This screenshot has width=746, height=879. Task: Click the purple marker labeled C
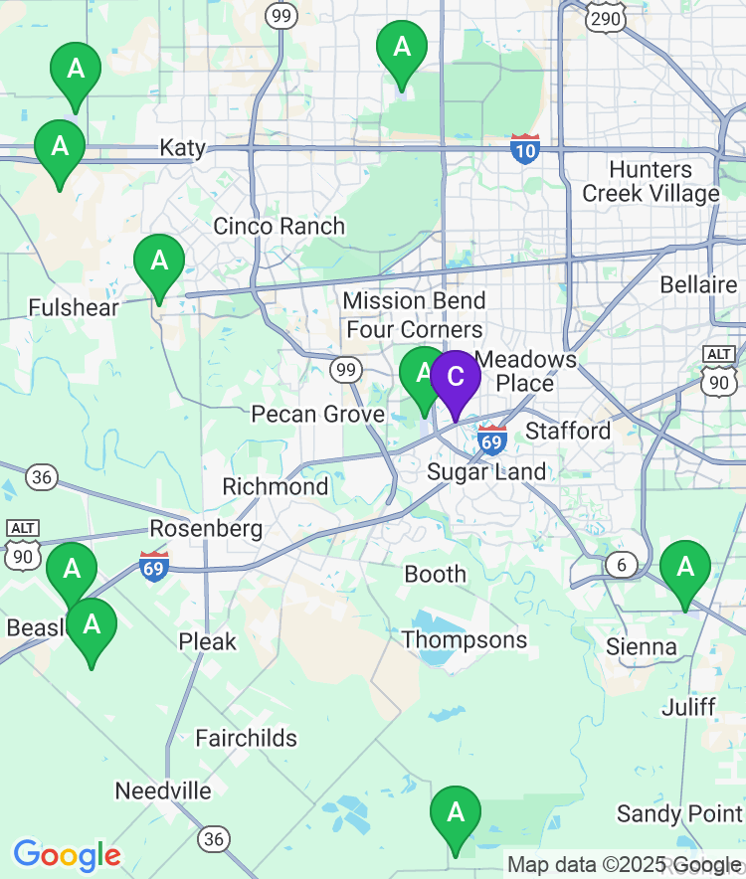click(x=455, y=378)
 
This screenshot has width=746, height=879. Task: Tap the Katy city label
click(x=183, y=148)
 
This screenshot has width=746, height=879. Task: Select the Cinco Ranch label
click(x=279, y=226)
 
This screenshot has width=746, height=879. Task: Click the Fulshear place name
click(x=74, y=307)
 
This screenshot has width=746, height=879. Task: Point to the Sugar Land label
click(x=486, y=472)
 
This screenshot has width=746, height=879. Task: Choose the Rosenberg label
click(x=206, y=528)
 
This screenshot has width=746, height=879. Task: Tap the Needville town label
click(x=163, y=791)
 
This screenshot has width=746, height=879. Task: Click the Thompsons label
click(x=465, y=639)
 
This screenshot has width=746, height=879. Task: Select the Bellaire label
click(x=698, y=285)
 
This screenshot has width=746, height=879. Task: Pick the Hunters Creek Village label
click(x=651, y=181)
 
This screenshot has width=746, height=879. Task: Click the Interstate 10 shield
click(x=525, y=149)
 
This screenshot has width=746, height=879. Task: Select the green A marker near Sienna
click(x=685, y=568)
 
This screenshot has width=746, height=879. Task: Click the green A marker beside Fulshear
click(x=159, y=262)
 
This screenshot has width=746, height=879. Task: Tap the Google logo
click(x=67, y=855)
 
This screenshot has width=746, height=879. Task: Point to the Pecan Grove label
click(x=317, y=414)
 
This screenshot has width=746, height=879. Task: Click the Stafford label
click(x=568, y=431)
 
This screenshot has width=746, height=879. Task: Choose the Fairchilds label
click(x=246, y=738)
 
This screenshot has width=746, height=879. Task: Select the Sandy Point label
click(x=678, y=813)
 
